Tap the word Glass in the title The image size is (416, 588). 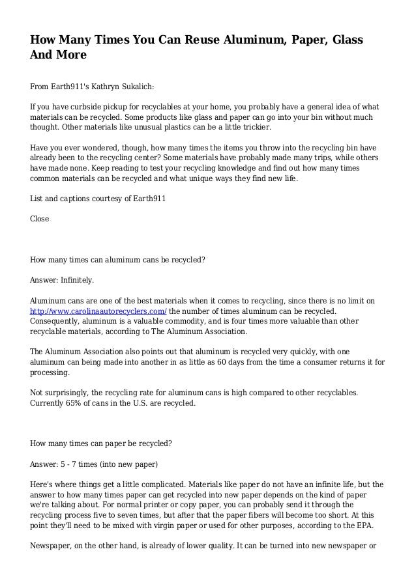(340, 40)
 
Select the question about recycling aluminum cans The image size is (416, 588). (118, 260)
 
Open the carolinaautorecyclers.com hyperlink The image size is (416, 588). (98, 311)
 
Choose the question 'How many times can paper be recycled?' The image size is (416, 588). (101, 444)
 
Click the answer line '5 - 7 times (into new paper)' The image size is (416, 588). (95, 465)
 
